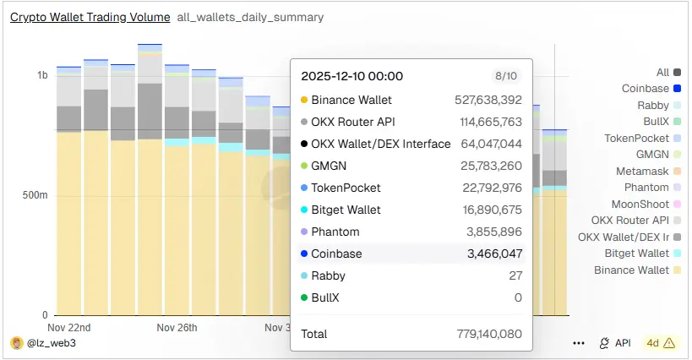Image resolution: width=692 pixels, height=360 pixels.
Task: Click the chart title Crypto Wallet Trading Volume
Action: (90, 17)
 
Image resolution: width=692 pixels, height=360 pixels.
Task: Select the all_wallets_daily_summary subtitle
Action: (250, 17)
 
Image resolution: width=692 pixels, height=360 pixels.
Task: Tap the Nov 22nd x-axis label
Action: (69, 328)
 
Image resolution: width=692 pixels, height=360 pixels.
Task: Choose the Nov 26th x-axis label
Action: (177, 328)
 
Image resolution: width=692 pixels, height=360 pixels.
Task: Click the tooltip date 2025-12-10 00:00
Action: (352, 77)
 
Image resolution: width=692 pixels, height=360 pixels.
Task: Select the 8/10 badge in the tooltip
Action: (505, 76)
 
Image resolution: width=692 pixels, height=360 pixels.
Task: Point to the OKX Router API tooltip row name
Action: (357, 122)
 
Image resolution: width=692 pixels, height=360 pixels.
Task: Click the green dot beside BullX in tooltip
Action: (304, 297)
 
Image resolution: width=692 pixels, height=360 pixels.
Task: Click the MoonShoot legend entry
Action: (640, 204)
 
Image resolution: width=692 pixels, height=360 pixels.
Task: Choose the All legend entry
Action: (662, 73)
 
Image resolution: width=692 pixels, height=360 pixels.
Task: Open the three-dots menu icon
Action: (579, 343)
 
